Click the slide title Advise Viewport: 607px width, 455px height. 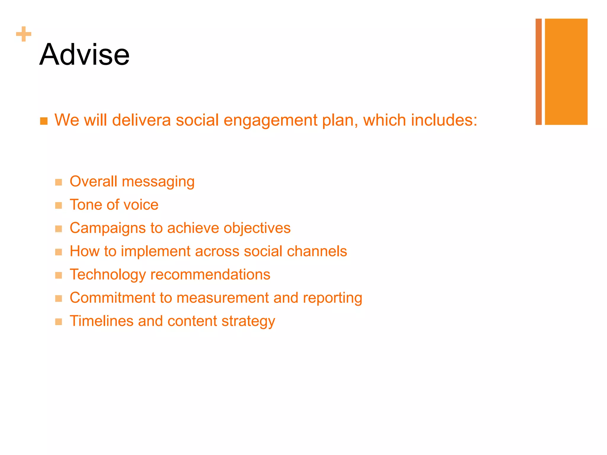84,55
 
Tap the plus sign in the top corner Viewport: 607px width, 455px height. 24,34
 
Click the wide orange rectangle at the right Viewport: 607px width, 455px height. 566,72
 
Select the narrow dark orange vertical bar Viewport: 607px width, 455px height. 539,72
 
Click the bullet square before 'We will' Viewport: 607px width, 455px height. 44,121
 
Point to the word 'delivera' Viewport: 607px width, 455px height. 141,120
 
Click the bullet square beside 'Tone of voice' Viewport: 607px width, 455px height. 59,205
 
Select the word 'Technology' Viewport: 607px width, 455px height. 108,275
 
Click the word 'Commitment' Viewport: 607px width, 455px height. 112,298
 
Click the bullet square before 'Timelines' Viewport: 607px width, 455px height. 59,322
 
